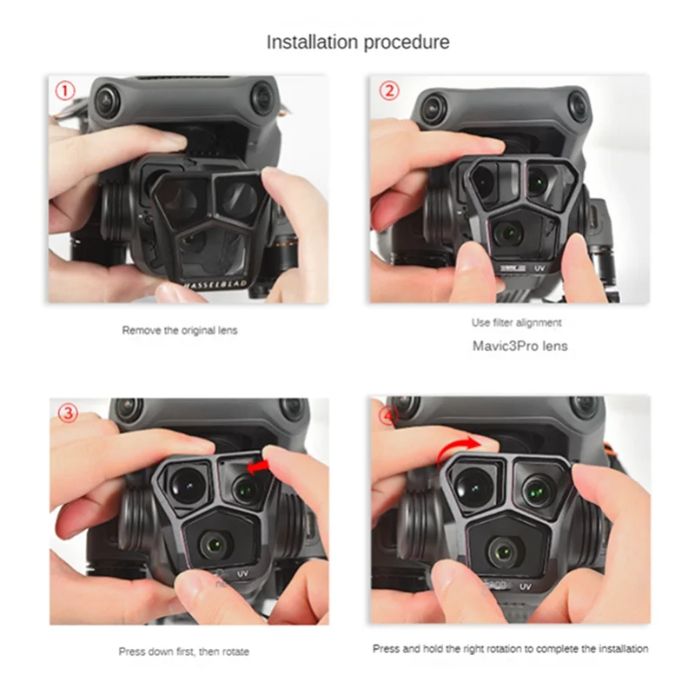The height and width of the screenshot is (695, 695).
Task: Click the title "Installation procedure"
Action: pyautogui.click(x=357, y=41)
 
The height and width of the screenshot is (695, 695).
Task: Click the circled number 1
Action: pyautogui.click(x=64, y=91)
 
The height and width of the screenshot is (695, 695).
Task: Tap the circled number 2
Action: pyautogui.click(x=388, y=91)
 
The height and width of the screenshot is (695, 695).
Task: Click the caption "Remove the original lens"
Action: pyautogui.click(x=179, y=330)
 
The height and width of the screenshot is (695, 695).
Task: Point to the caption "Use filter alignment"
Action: pyautogui.click(x=517, y=322)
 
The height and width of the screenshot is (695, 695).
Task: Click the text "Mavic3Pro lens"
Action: pyautogui.click(x=520, y=345)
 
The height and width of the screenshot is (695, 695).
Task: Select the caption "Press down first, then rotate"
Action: pyautogui.click(x=183, y=652)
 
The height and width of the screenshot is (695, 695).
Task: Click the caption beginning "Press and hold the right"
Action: pyautogui.click(x=511, y=648)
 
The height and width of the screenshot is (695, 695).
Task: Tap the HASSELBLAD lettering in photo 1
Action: pyautogui.click(x=212, y=282)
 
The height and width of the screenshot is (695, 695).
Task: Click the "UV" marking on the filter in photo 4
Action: pyautogui.click(x=526, y=588)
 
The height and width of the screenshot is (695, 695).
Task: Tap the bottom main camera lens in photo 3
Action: pyautogui.click(x=210, y=545)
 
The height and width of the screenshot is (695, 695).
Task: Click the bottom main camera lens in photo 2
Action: pyautogui.click(x=505, y=231)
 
